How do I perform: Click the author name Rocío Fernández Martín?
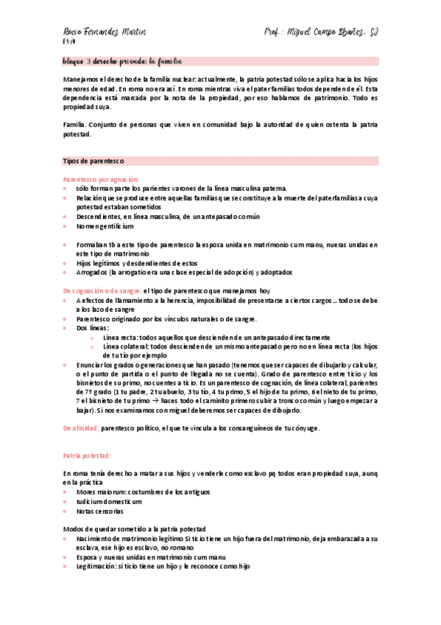[104, 32]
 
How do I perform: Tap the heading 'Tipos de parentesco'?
[94, 160]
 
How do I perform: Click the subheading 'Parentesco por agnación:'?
[101, 179]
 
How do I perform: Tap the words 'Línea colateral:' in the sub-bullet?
[126, 346]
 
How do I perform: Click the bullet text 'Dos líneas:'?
[92, 328]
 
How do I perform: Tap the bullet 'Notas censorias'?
[99, 511]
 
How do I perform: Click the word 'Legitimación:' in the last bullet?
[99, 567]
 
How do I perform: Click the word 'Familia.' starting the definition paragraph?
[74, 126]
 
